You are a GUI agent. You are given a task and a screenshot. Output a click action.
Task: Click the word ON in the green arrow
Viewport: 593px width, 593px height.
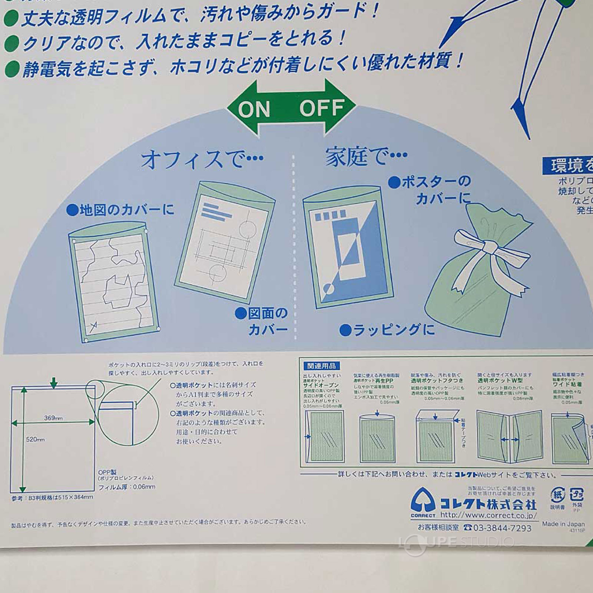click(254, 109)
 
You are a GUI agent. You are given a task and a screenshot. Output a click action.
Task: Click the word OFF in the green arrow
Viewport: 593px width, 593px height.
click(322, 108)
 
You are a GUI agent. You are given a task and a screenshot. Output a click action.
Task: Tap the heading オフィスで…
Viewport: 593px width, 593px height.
click(202, 159)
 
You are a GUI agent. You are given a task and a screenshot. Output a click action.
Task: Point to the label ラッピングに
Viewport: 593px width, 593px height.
click(387, 330)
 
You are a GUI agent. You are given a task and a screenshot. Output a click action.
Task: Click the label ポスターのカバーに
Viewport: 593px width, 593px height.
click(430, 190)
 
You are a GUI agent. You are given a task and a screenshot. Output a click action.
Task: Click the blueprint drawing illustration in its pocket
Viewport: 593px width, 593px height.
click(224, 241)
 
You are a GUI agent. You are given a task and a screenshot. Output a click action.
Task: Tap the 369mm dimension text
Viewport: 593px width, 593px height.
click(53, 418)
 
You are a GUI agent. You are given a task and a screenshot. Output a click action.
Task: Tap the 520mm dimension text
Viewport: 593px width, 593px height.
click(35, 440)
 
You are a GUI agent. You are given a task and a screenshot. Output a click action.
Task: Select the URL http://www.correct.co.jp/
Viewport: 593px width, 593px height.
click(488, 515)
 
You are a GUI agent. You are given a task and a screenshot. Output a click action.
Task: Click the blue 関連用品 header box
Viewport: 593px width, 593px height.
click(321, 366)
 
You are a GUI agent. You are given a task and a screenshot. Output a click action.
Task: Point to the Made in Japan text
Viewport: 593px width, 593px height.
click(563, 524)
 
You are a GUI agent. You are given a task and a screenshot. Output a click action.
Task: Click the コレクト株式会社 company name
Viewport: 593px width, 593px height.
click(487, 504)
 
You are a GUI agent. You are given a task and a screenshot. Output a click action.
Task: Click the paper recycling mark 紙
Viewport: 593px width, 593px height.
click(557, 495)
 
